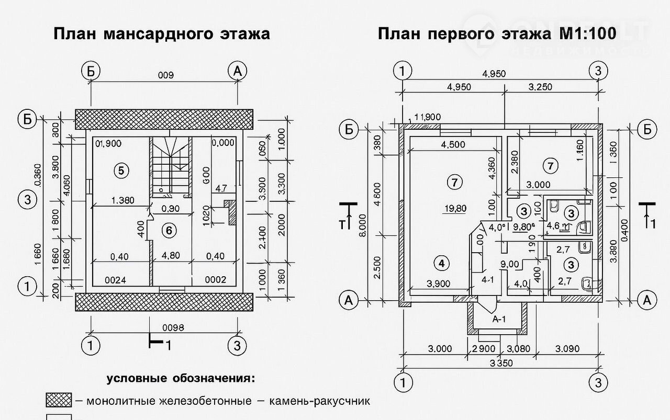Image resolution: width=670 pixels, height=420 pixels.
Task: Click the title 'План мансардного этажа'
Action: click(162, 34)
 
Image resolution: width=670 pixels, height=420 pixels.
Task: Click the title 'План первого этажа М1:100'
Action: click(496, 34)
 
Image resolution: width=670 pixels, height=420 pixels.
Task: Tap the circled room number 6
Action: click(168, 230)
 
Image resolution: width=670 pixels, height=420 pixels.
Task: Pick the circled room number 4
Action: click(442, 263)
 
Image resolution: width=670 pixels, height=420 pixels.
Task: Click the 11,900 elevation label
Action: click(427, 117)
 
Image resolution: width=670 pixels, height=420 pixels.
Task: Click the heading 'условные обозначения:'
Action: click(181, 378)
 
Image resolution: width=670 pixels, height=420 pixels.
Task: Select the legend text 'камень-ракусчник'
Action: click(320, 402)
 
